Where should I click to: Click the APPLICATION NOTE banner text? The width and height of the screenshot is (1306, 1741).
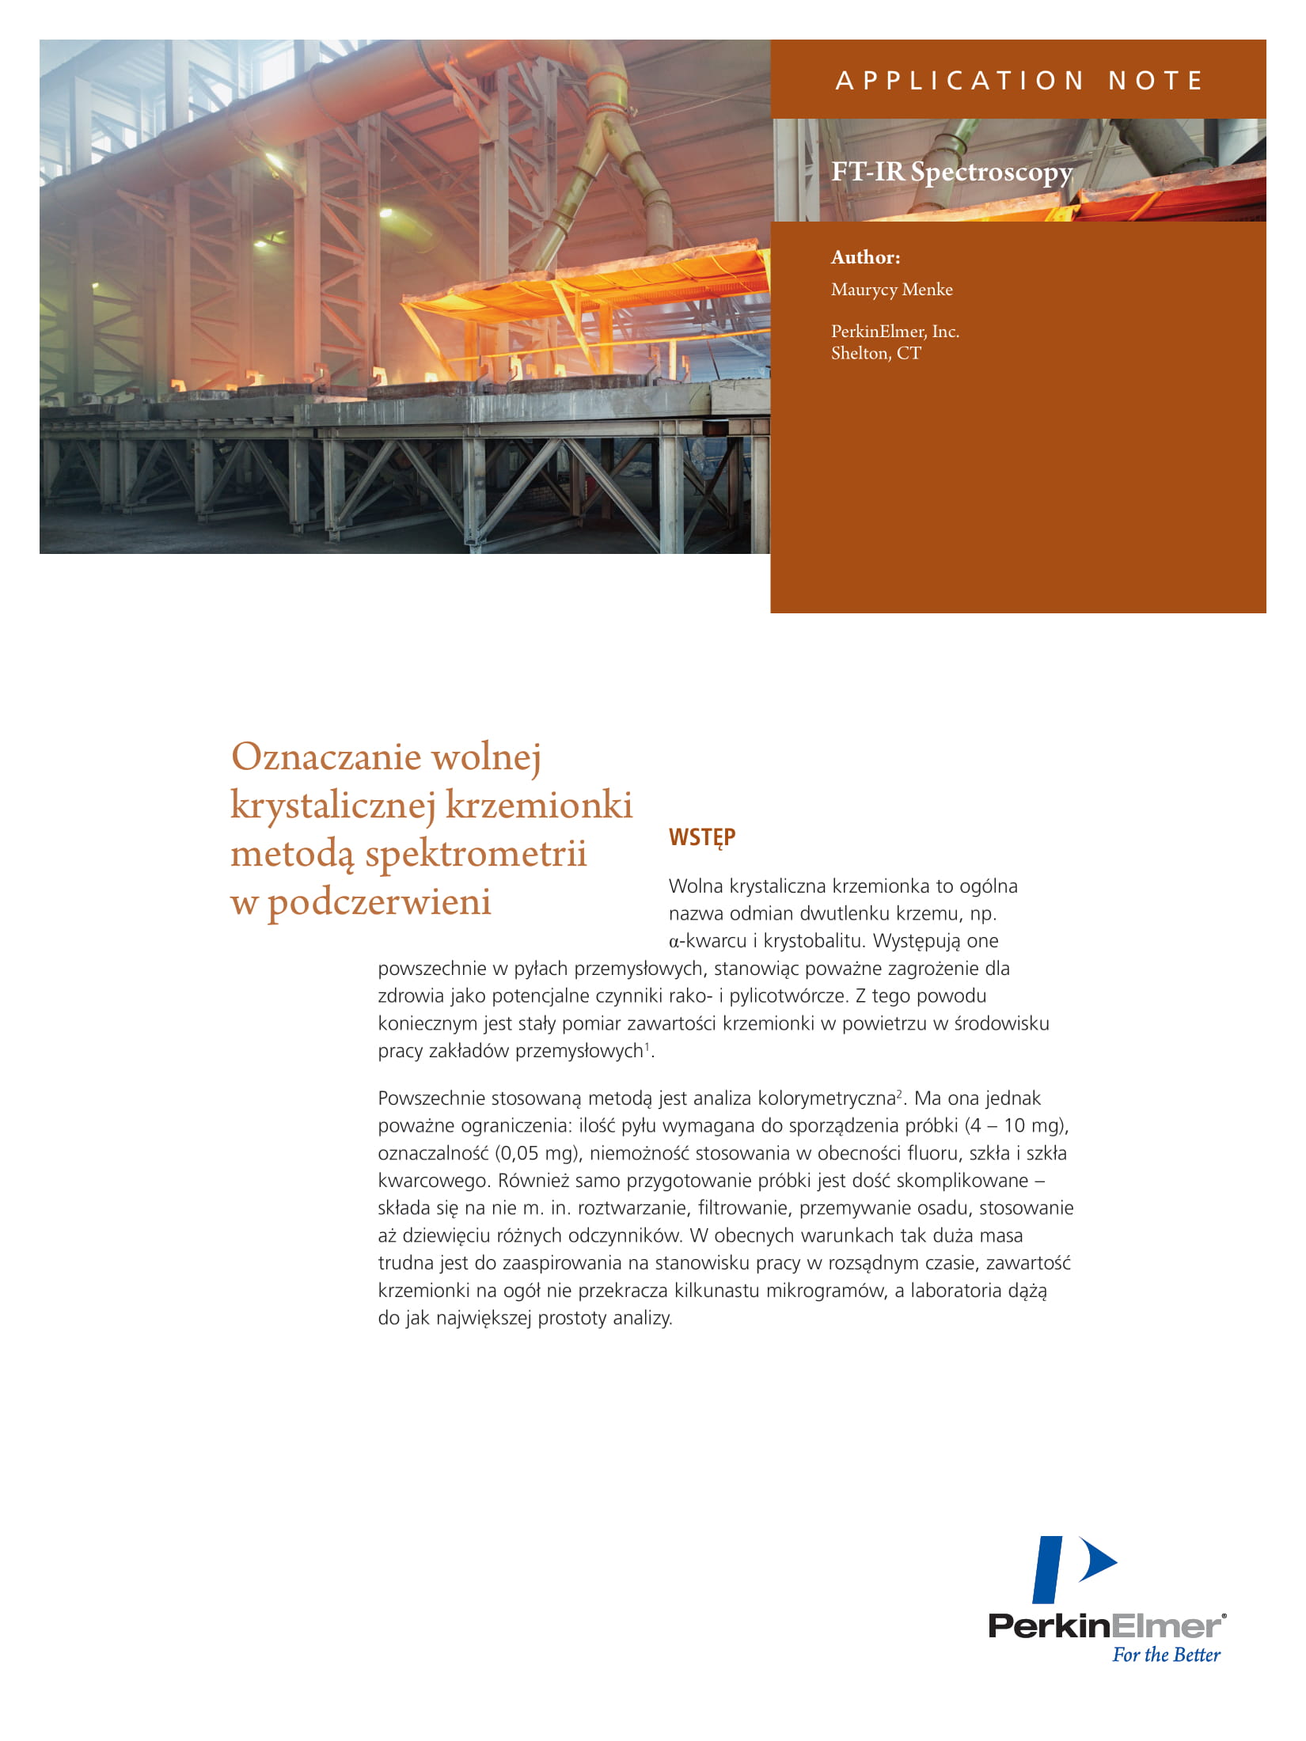(x=1019, y=81)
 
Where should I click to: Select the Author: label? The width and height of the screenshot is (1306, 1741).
(x=865, y=257)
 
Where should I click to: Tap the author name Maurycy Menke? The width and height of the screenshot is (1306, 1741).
(x=891, y=290)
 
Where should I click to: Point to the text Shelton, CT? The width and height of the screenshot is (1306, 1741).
(x=875, y=354)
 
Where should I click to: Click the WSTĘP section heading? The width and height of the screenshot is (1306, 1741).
(x=702, y=837)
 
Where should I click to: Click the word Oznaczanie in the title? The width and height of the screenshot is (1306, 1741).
(x=325, y=757)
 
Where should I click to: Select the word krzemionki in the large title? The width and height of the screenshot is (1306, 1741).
(x=538, y=805)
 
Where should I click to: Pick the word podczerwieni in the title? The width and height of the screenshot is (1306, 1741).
(x=379, y=902)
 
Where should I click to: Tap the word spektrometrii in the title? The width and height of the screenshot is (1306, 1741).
(x=475, y=854)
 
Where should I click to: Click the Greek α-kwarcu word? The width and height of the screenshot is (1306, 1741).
(x=708, y=941)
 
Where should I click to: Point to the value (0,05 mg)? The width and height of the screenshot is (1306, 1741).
(x=537, y=1153)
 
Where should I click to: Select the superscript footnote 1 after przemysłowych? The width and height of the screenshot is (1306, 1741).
(x=647, y=1046)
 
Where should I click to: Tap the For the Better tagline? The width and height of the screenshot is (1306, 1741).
(x=1166, y=1655)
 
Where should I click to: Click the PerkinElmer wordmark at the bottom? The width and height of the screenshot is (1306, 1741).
(x=1105, y=1626)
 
